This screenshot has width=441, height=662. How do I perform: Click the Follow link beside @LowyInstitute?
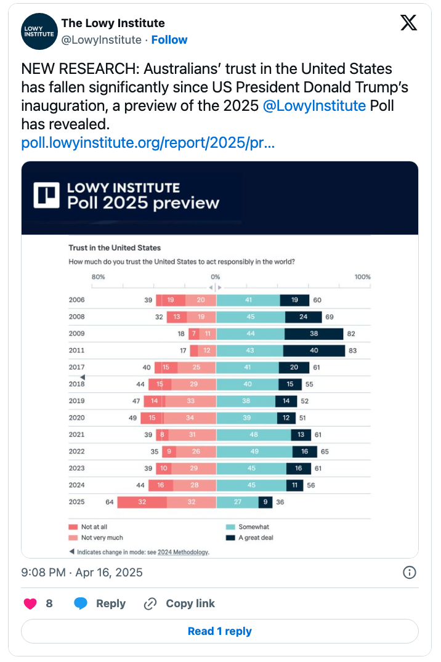pos(169,39)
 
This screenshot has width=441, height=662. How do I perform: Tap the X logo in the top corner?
pos(408,23)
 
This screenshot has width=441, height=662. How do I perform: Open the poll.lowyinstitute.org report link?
pos(148,143)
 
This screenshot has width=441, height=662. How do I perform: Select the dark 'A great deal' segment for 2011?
pos(314,350)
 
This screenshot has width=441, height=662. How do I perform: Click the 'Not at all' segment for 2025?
pos(142,502)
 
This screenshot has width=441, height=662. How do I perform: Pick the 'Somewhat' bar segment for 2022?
pos(254,451)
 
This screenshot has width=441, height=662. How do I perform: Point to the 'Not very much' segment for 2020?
pos(190,418)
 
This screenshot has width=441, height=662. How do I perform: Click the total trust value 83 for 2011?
pos(352,350)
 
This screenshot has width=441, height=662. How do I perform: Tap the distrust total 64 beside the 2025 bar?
pos(110,502)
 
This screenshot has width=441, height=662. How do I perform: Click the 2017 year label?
pos(77,368)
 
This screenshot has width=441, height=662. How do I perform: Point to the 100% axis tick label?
pos(362,277)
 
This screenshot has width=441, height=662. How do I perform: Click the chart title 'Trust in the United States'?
pos(115,248)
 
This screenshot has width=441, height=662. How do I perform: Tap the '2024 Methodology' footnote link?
pos(182,552)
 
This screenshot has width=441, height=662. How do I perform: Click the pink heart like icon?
pos(30,603)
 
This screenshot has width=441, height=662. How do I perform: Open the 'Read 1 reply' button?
pos(220,631)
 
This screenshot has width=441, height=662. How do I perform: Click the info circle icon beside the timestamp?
pos(410,573)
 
